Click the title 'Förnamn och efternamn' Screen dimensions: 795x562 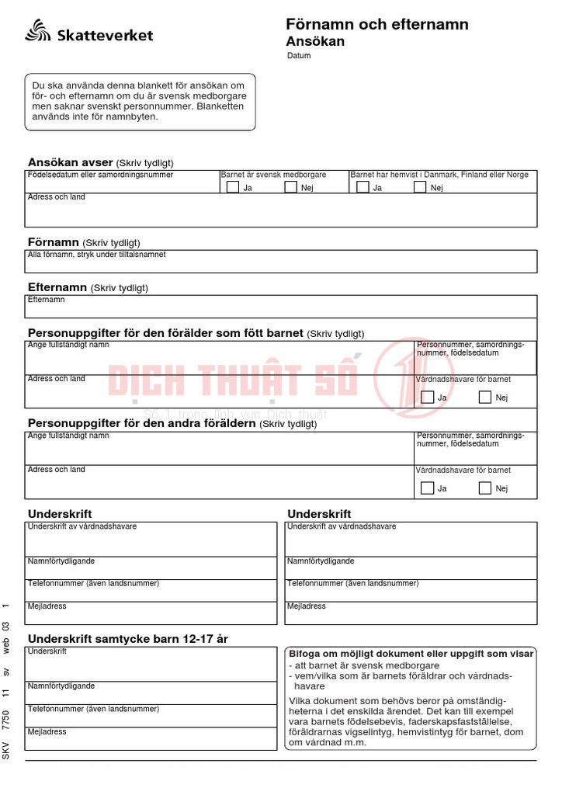(376, 24)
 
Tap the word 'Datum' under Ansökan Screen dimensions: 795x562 (299, 56)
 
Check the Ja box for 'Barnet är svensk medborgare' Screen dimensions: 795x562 (232, 186)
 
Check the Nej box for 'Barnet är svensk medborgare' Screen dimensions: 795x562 (290, 186)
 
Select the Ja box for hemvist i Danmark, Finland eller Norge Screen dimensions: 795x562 (363, 186)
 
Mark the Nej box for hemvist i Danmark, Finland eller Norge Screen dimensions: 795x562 (420, 186)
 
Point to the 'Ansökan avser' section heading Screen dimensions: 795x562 (70, 162)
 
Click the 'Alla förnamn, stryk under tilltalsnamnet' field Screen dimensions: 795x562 (279, 262)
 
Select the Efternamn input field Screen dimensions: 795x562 (279, 307)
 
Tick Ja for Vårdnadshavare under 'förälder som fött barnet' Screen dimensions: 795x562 (427, 397)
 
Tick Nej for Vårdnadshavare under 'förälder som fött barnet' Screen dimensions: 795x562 (485, 397)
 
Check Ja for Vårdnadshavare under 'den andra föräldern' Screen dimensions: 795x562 (427, 488)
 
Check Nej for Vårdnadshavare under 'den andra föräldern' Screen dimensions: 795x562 (485, 488)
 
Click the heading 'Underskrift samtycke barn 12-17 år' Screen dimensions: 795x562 (128, 638)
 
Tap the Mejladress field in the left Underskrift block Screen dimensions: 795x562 (151, 613)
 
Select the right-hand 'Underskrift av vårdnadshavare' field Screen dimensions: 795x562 (411, 539)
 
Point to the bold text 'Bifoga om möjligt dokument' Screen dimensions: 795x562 (349, 654)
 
